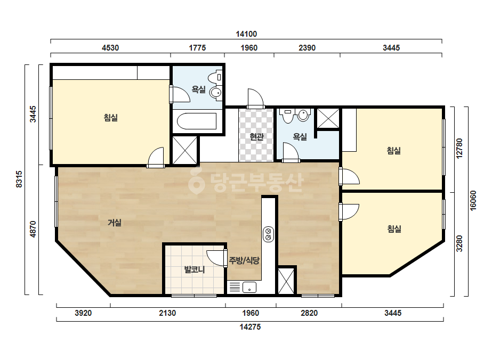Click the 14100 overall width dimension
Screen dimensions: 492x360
[246, 34]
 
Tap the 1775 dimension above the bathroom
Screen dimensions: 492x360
[197, 48]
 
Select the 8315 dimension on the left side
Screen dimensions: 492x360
[19, 179]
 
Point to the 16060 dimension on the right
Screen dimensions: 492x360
[473, 201]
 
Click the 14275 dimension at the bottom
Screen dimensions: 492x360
[250, 327]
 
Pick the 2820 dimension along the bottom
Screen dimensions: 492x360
[309, 313]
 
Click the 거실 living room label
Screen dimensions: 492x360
[115, 223]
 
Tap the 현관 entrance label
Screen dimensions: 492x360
[256, 137]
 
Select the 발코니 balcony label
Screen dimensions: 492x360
[195, 269]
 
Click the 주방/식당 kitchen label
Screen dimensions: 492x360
[245, 260]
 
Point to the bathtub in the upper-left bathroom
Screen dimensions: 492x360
[197, 121]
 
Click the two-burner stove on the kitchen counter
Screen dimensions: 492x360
[268, 234]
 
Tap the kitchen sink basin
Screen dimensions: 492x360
[249, 287]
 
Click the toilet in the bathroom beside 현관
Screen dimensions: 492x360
[303, 115]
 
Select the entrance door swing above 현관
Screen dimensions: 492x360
[255, 99]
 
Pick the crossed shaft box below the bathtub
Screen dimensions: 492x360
[185, 150]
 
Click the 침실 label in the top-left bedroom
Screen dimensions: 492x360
[111, 118]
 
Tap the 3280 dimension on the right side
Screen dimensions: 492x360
[459, 243]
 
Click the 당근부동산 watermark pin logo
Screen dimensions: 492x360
[196, 181]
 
